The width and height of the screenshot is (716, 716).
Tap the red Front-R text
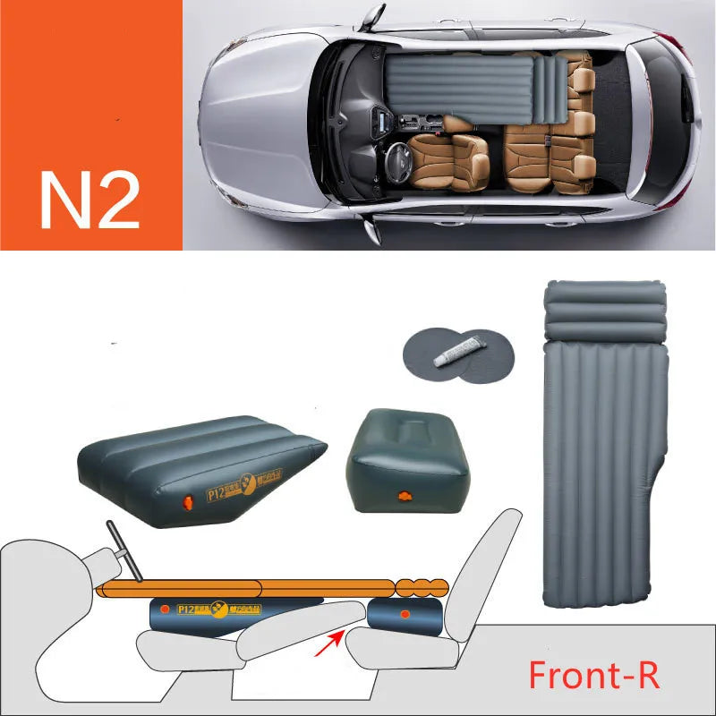pyautogui.click(x=594, y=674)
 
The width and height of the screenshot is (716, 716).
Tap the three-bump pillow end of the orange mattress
pyautogui.click(x=421, y=588)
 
